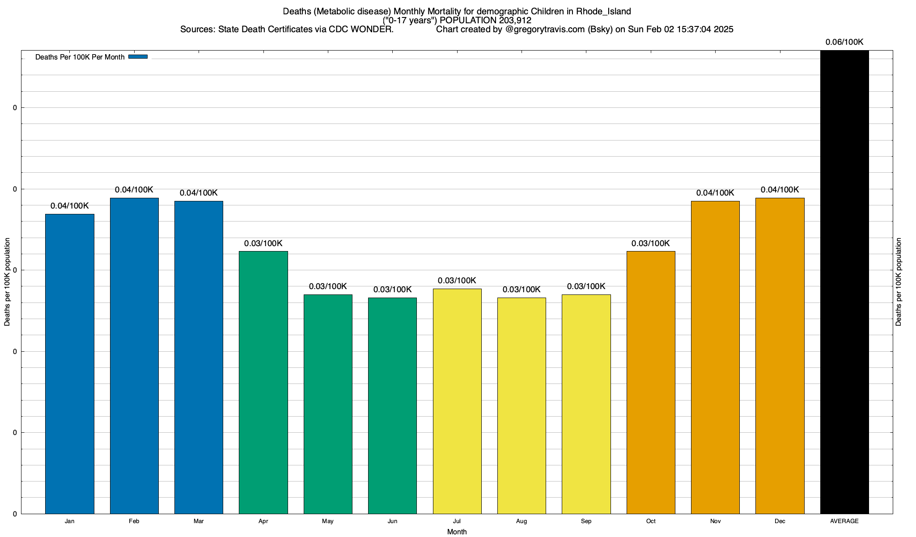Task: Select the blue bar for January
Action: coord(70,363)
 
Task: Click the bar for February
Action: coord(134,355)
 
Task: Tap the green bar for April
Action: coord(263,382)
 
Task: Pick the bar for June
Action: coord(392,405)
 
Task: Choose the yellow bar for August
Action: coord(522,405)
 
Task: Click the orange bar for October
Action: coord(651,382)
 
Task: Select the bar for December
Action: coord(780,355)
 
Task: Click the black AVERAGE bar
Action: coord(844,282)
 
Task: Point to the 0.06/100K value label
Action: coord(844,43)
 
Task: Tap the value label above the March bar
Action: coord(199,193)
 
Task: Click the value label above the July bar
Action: coord(457,281)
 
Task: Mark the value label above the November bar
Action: coord(715,193)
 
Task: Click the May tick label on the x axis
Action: coord(328,521)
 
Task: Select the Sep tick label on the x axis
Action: coord(586,521)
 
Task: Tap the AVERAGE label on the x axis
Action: coord(844,521)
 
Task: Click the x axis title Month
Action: coord(457,532)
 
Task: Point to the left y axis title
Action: coord(7,282)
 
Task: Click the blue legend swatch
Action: coord(138,57)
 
